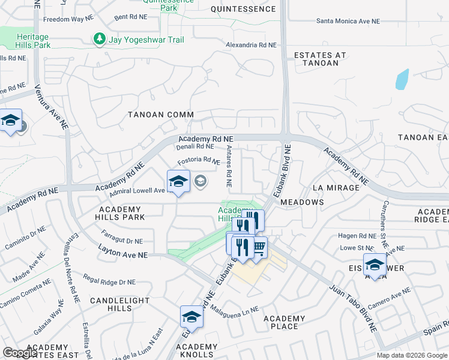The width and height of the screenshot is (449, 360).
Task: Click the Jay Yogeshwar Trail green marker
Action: [99, 40]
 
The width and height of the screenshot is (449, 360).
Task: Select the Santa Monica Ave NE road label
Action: [348, 21]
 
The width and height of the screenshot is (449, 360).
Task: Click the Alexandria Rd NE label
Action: [251, 45]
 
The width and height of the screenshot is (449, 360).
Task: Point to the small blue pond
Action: [402, 79]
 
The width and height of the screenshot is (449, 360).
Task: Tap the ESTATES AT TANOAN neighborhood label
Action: [320, 60]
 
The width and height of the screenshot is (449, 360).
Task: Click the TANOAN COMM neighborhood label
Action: [160, 115]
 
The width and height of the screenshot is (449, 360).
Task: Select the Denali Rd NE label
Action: [196, 146]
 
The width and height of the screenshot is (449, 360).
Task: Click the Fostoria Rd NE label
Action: [199, 161]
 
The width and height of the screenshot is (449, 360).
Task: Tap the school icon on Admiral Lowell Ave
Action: [178, 182]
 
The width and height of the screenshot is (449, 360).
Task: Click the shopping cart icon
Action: [259, 247]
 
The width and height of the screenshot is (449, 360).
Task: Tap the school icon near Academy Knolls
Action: [191, 317]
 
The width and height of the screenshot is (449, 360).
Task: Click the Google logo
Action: [20, 353]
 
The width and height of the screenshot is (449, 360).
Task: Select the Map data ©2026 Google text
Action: [411, 355]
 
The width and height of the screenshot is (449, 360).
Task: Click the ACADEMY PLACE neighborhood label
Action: [285, 322]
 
